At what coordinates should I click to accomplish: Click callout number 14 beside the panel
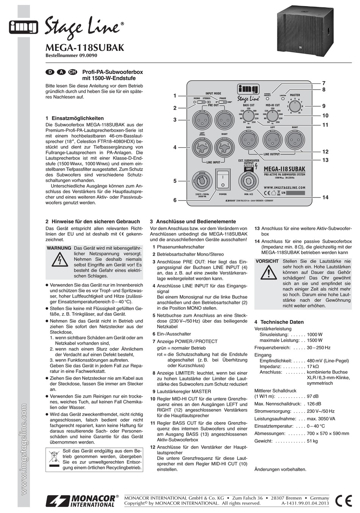pos(325,198)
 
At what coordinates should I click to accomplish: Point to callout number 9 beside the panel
pos(324,106)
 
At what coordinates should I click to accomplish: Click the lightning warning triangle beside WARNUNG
pos(59,260)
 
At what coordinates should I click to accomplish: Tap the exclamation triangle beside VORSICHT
pos(269,272)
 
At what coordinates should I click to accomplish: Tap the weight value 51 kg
pos(313,441)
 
